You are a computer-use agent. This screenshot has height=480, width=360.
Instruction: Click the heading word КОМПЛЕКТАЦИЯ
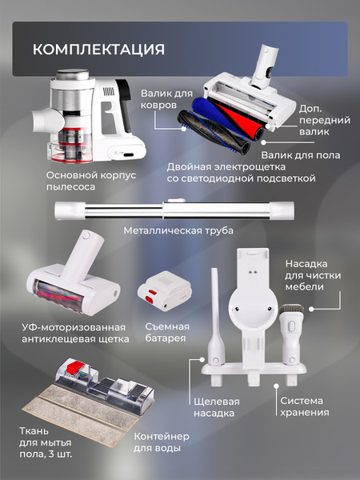[x=98, y=49]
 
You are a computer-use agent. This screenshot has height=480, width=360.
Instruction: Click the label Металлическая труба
[x=178, y=232]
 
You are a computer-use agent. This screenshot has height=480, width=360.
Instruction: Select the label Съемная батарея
[x=166, y=332]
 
